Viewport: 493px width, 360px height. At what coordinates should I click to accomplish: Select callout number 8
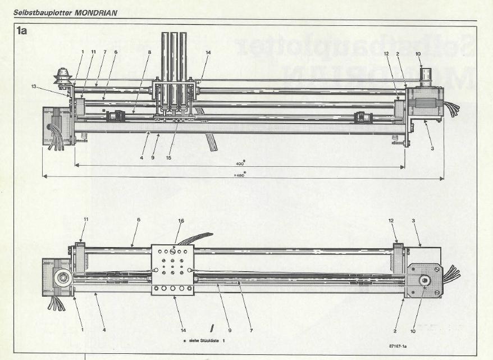pyautogui.click(x=150, y=52)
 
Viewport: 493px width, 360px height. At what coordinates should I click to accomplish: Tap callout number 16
pyautogui.click(x=181, y=221)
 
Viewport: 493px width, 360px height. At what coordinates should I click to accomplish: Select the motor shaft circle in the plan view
pyautogui.click(x=424, y=280)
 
